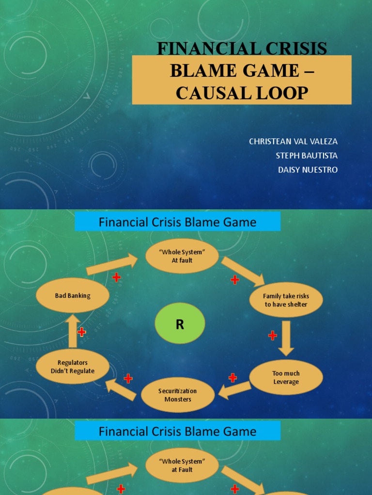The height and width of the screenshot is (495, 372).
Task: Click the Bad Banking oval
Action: click(72, 295)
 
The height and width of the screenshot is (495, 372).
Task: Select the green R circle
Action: click(180, 325)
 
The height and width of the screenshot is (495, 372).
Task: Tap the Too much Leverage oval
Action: click(286, 378)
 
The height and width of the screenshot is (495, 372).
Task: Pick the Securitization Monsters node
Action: click(178, 395)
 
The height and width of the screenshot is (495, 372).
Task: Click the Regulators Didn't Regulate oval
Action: click(73, 366)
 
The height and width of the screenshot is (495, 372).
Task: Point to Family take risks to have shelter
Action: click(286, 300)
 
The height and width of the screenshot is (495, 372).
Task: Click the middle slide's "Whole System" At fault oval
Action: click(182, 256)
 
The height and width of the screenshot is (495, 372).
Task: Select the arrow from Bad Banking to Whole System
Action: click(112, 265)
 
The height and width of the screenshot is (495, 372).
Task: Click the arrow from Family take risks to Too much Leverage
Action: click(286, 338)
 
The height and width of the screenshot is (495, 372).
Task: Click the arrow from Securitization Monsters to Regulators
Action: click(121, 389)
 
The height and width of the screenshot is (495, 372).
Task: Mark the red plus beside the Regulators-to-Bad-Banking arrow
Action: click(82, 332)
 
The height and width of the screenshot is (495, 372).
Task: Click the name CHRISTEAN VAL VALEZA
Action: click(293, 142)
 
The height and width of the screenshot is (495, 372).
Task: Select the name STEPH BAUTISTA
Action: click(306, 156)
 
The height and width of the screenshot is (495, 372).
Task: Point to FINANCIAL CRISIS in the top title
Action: click(242, 48)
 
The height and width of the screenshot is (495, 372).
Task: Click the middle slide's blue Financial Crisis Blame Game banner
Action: click(177, 222)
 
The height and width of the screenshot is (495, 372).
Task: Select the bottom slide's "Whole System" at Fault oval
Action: click(182, 465)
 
